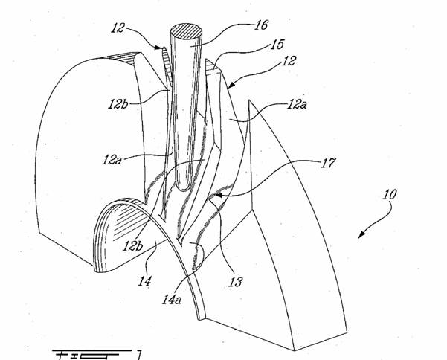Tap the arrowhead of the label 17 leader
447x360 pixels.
pos(210,196)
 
